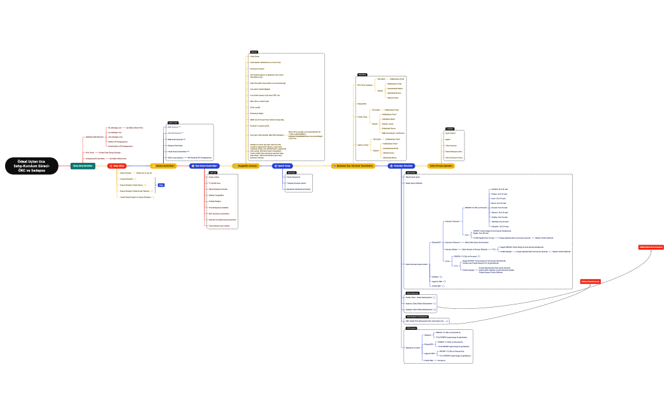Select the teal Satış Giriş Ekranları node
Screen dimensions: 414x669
(83, 166)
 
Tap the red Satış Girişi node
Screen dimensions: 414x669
(117, 166)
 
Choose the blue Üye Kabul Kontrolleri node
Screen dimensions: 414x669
(204, 166)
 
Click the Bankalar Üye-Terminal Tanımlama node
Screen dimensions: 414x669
(354, 166)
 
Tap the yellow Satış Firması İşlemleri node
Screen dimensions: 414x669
(441, 166)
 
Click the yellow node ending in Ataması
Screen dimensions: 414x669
(245, 166)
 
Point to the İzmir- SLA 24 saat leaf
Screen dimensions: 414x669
(498, 199)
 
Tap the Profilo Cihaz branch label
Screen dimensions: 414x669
(362, 116)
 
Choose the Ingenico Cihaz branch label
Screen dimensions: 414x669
(363, 145)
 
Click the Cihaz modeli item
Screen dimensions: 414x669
(255, 106)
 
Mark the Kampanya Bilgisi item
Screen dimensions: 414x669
(257, 112)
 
